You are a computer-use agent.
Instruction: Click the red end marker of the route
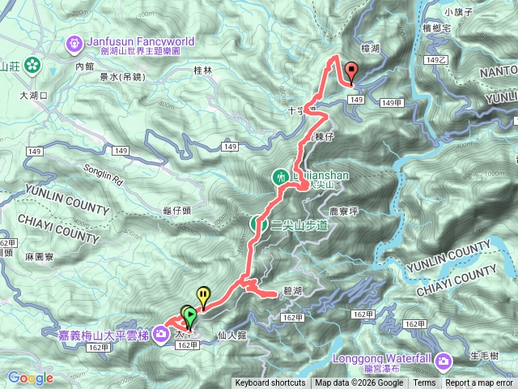point(351,71)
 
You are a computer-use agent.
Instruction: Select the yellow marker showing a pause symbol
point(202,296)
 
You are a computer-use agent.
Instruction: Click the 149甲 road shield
point(393,103)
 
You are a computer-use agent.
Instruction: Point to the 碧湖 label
point(293,289)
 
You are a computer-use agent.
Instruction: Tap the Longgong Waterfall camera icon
point(444,360)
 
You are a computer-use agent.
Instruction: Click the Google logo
point(31,378)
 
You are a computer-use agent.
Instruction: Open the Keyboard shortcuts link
point(270,383)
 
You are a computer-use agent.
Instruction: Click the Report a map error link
point(479,383)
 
